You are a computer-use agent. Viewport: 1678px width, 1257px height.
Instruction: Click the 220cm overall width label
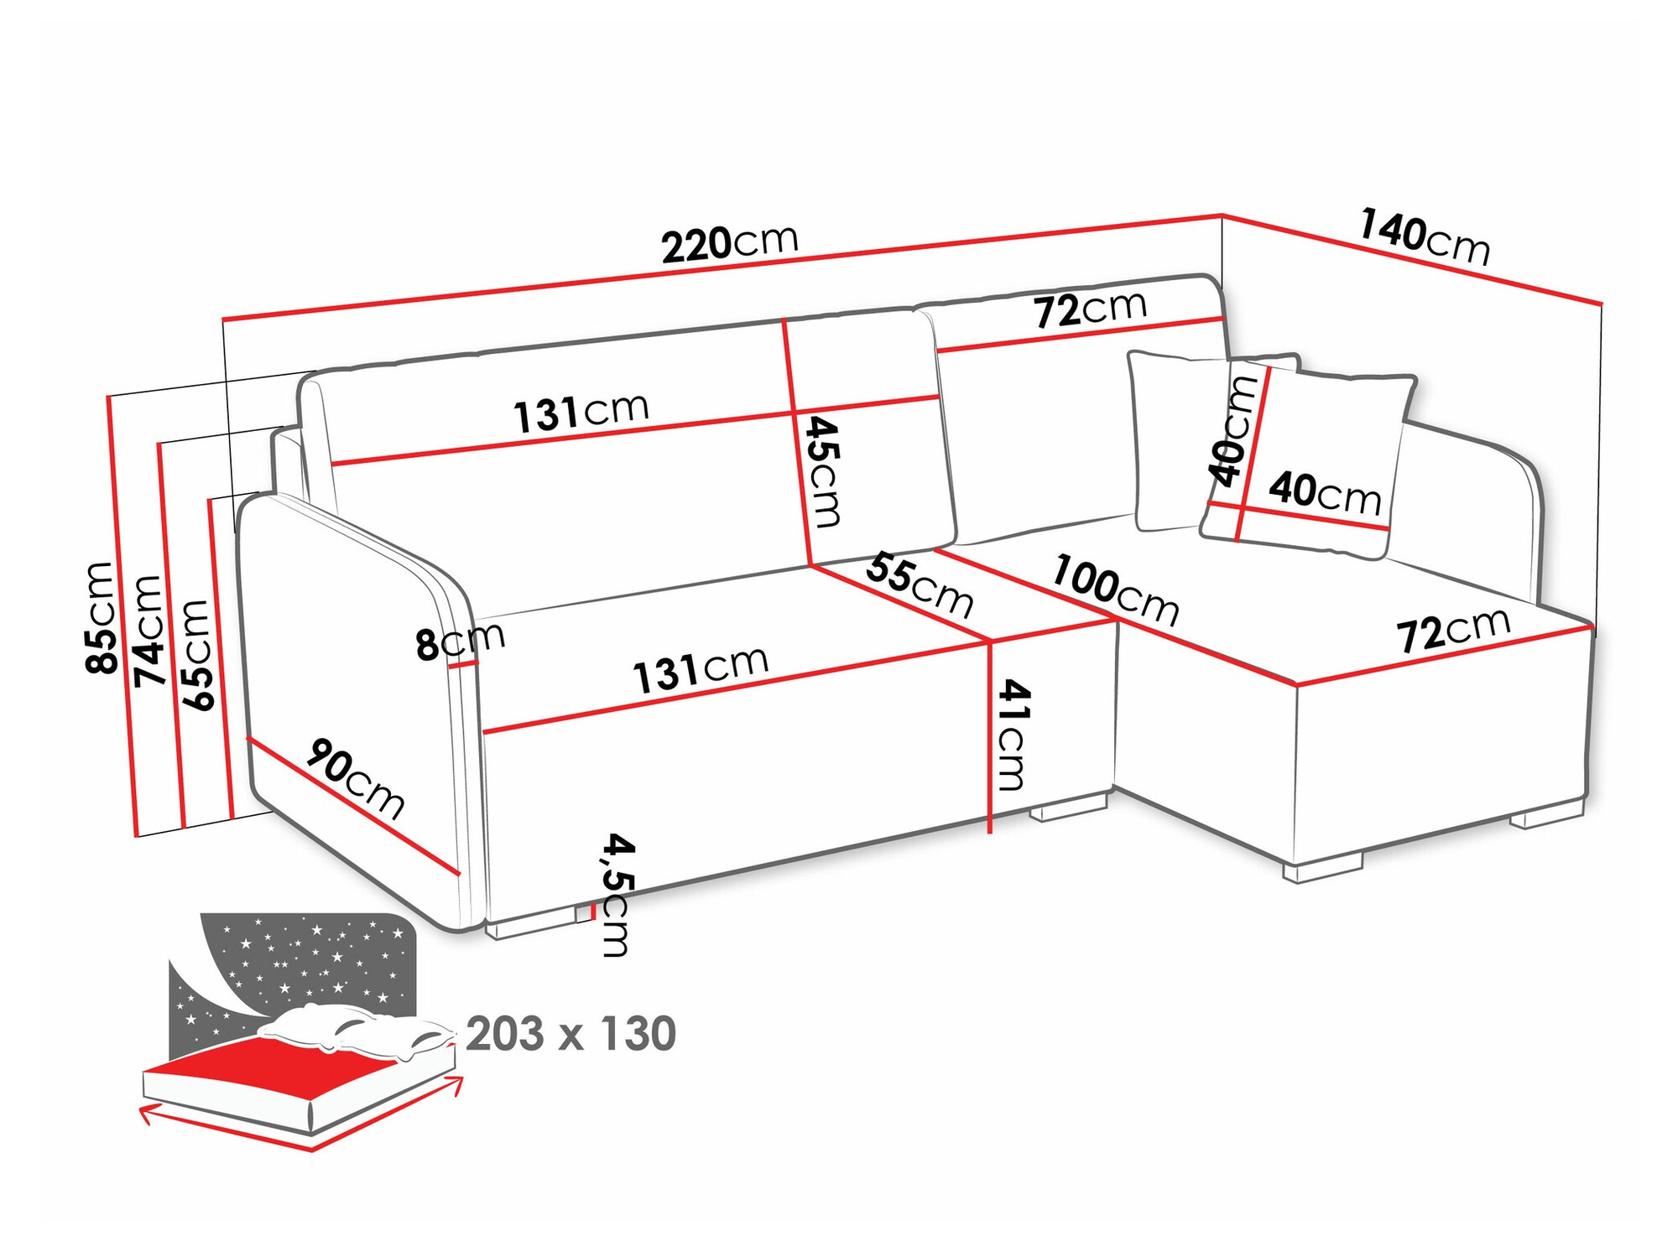[x=729, y=244]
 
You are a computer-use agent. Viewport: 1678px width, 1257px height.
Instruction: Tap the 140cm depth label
[x=1424, y=237]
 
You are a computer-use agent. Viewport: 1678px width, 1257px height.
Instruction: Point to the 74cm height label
[x=149, y=630]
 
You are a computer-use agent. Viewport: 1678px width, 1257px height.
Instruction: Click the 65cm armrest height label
[x=197, y=655]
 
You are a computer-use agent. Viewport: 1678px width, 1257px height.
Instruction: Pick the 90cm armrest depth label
[x=355, y=779]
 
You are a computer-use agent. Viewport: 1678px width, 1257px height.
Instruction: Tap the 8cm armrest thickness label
[x=460, y=641]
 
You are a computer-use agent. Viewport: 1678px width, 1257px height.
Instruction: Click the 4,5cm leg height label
[x=617, y=895]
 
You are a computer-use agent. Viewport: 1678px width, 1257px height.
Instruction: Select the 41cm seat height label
[x=1011, y=735]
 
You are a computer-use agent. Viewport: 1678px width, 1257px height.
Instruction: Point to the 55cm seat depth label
[x=919, y=584]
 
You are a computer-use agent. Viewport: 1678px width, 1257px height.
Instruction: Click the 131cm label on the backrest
[x=581, y=412]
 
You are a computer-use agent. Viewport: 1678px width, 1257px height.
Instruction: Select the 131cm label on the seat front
[x=700, y=670]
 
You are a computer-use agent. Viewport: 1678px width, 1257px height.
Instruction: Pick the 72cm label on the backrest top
[x=1089, y=310]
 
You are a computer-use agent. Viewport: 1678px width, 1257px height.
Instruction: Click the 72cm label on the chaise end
[x=1453, y=630]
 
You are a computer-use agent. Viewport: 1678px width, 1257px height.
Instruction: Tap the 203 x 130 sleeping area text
[x=571, y=1034]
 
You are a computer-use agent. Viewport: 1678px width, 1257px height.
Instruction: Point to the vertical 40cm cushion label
[x=1232, y=431]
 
